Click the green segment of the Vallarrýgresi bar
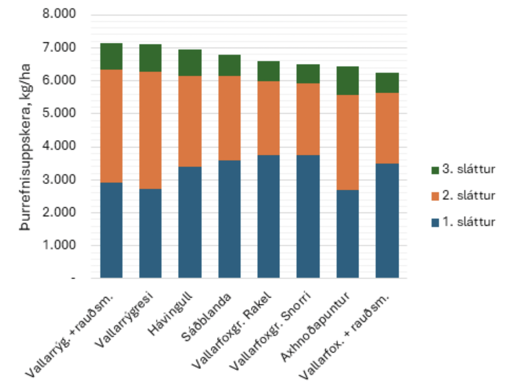pos(150,58)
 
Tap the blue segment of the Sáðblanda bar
pos(229,219)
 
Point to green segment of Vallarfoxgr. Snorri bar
pos(308,74)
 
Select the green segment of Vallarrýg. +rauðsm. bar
pos(111,56)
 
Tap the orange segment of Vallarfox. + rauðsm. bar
pos(387,128)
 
